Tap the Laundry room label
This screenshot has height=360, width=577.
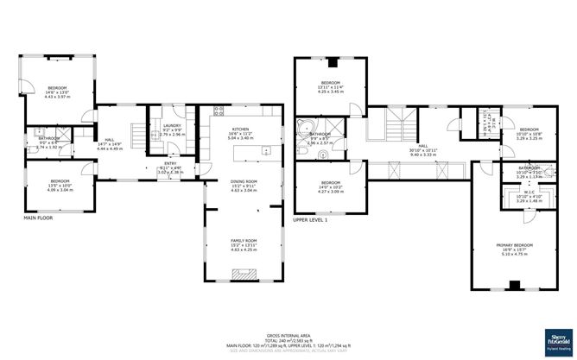tap(173, 129)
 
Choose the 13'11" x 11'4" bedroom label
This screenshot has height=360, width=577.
tap(330, 86)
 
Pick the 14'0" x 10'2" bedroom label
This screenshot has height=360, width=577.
tap(331, 186)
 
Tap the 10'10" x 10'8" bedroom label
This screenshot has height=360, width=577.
tap(529, 134)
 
